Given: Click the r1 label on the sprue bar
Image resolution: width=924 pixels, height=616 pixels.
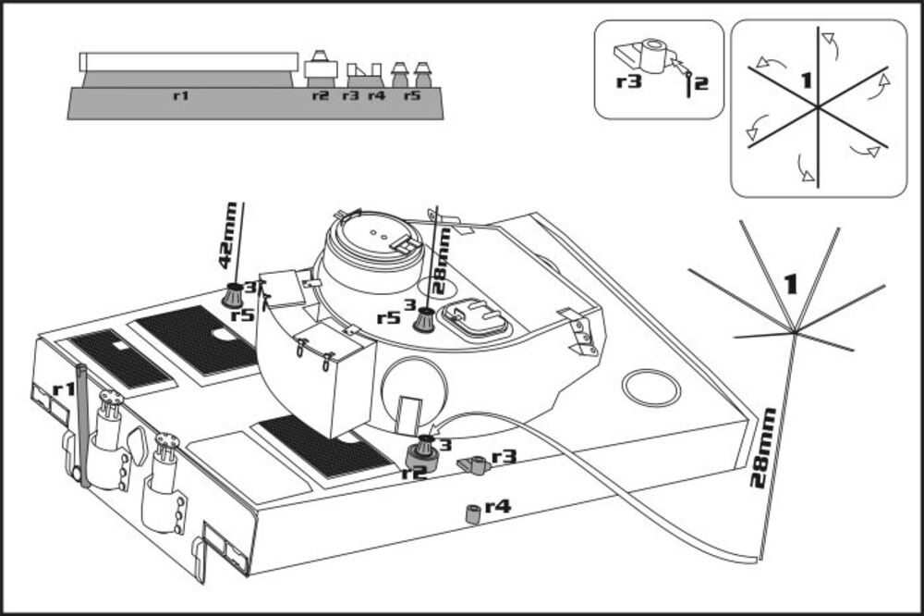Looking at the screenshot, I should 181,95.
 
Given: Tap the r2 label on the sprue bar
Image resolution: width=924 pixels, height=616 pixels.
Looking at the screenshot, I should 320,95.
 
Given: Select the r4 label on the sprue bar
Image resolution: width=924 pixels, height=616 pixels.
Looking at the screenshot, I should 376,95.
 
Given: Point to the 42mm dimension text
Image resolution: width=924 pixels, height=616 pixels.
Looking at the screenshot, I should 226,236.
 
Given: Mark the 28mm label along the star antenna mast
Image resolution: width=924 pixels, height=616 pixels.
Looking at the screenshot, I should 760,449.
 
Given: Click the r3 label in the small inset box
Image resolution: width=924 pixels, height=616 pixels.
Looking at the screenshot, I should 628,81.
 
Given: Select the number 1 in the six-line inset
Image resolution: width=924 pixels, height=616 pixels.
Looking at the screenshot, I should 806,81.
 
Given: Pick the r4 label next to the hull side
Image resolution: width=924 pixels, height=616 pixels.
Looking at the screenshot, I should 497,506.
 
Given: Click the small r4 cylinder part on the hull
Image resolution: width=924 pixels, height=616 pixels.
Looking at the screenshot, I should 472,513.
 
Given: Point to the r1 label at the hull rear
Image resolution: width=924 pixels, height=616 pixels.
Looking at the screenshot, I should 63,389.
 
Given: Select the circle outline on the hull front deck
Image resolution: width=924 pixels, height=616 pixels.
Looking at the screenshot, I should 650,388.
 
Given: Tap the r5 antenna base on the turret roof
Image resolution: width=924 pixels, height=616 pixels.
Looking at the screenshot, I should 424,319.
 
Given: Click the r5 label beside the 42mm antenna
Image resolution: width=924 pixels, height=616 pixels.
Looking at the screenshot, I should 243,315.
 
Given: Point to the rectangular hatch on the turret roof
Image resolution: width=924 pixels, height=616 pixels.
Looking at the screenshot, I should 475,317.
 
